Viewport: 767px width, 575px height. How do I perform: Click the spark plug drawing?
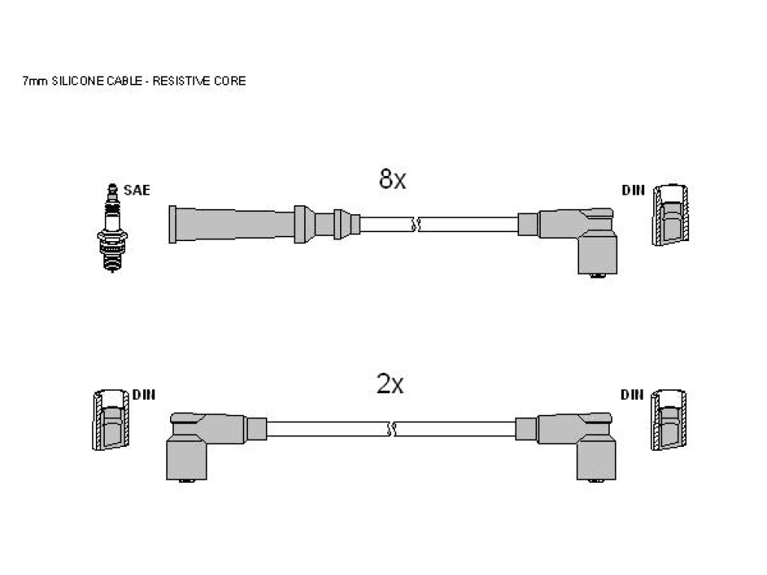[112, 228]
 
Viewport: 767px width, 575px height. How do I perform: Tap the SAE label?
[136, 190]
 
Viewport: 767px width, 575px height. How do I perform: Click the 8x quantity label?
[392, 179]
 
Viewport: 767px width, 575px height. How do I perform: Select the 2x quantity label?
[389, 384]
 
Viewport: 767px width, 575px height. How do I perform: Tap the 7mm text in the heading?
[34, 81]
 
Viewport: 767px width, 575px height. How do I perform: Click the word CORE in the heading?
[230, 81]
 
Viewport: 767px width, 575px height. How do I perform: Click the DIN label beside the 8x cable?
[634, 189]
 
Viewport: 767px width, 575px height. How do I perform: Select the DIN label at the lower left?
[144, 395]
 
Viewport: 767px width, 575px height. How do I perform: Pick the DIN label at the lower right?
[632, 395]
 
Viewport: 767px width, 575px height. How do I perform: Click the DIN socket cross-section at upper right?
[670, 215]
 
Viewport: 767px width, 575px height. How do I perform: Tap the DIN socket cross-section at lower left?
[111, 420]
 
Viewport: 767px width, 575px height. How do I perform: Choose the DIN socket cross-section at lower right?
[669, 420]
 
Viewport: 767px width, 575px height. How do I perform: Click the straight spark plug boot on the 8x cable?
[264, 225]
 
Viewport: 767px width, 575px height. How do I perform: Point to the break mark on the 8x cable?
[415, 225]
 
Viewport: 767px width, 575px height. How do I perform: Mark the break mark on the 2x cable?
[392, 430]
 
